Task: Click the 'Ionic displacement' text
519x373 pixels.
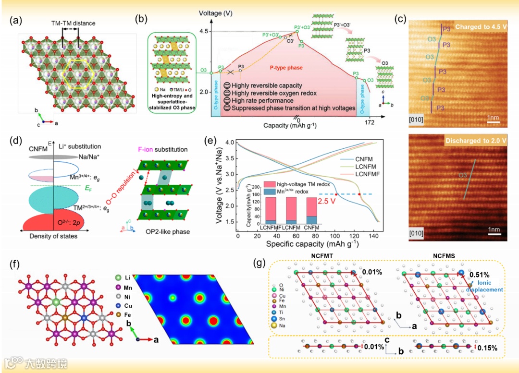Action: pyautogui.click(x=487, y=286)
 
